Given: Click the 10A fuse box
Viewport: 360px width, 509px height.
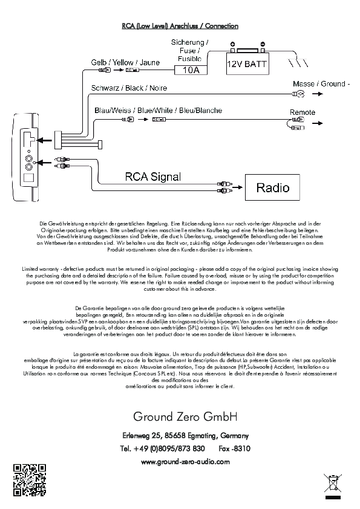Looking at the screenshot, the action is (191, 70).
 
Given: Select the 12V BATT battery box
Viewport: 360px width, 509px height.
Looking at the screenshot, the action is (247, 63).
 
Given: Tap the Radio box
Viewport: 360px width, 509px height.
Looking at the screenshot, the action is (272, 187).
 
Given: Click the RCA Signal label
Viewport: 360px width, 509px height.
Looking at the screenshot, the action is (153, 177).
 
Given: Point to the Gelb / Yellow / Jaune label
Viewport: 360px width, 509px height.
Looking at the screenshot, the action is (125, 62).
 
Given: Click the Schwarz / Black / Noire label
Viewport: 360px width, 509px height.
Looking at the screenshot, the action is (129, 88).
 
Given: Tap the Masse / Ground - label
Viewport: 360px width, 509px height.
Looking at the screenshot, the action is (321, 84).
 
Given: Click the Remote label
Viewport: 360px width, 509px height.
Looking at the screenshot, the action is (303, 112).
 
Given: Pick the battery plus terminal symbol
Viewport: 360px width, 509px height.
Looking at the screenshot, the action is (232, 45).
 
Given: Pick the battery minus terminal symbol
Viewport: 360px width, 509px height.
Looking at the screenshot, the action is (263, 44).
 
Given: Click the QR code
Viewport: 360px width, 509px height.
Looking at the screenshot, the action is (30, 480).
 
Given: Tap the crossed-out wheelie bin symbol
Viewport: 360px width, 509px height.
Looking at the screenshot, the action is (332, 483).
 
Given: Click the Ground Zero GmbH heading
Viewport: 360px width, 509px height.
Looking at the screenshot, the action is (185, 417).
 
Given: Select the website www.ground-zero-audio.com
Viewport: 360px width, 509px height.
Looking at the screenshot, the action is (185, 462).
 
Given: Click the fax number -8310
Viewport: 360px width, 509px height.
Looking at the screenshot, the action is (235, 449).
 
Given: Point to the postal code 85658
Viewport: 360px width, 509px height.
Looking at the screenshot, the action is (175, 435).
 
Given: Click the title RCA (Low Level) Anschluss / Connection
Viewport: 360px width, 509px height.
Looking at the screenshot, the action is (180, 26).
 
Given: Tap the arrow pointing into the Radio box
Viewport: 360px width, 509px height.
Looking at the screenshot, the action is (238, 187).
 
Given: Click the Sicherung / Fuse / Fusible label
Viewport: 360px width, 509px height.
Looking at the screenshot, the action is (190, 50).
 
